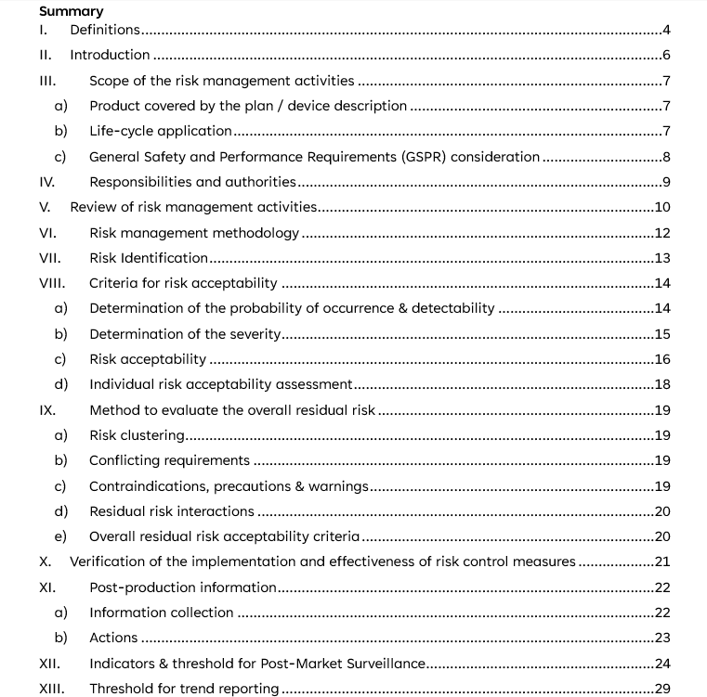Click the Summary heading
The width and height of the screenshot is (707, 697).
pos(72,11)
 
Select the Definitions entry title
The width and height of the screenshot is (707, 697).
pos(105,30)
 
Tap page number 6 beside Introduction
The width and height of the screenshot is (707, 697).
pos(666,55)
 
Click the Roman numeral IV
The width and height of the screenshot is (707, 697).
pos(47,182)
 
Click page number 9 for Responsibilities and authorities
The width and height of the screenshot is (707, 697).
pos(666,182)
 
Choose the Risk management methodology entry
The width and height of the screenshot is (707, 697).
pos(194,233)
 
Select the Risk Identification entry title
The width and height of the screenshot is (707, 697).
pos(149,258)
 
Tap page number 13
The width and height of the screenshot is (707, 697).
pos(662,258)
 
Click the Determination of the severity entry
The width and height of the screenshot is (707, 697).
pos(185,334)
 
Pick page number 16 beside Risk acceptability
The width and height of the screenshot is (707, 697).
pos(662,359)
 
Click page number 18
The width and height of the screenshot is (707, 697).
pos(662,384)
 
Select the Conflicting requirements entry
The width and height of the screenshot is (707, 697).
pos(169,460)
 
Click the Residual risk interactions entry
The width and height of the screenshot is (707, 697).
pos(171,511)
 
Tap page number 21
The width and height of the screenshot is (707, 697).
pos(662,561)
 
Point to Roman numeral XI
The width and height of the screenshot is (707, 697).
pos(48,587)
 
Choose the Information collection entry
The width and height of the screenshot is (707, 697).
pos(162,613)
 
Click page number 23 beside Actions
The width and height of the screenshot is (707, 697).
pos(662,638)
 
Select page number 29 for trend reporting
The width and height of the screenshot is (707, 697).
pos(662,689)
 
